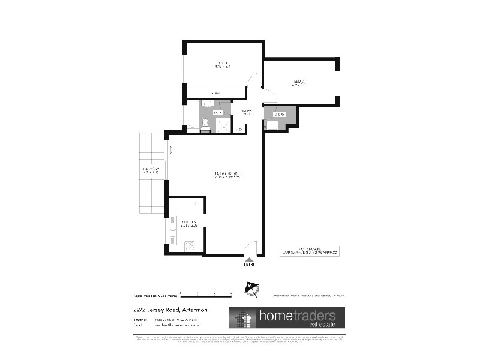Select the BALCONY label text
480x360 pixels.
click(151, 171)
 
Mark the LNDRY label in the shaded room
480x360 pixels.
click(278, 114)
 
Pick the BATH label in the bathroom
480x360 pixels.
click(217, 112)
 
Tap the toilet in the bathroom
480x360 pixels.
click(205, 124)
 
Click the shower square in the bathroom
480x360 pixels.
click(223, 124)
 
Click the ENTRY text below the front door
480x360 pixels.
click(250, 265)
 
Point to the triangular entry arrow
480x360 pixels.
click(250, 259)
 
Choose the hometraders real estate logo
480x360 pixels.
click(286, 317)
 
